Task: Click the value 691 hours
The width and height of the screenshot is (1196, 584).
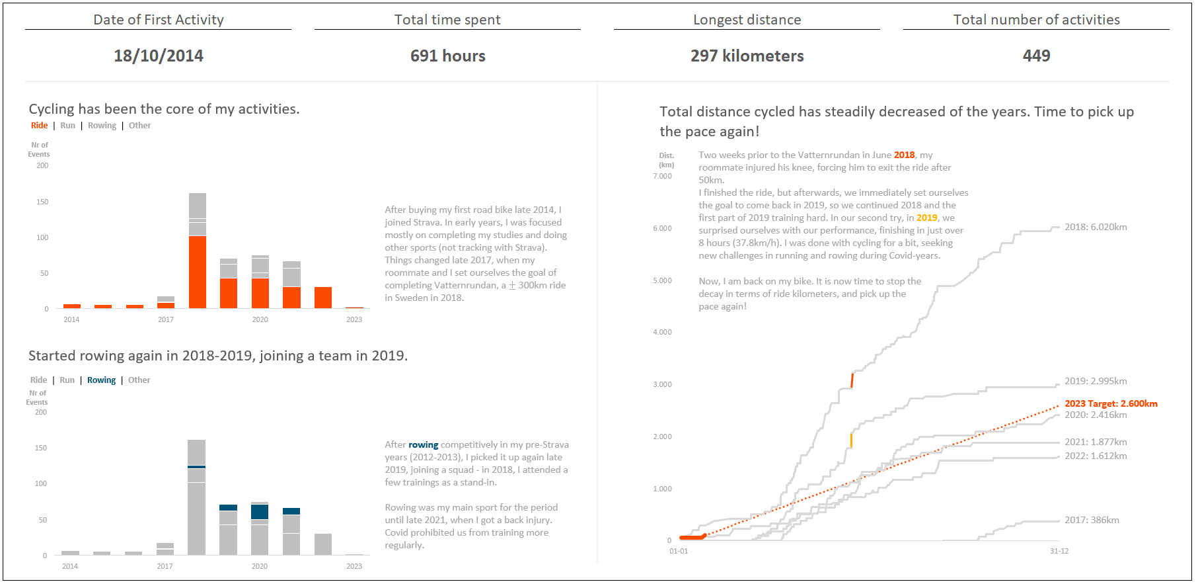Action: [447, 56]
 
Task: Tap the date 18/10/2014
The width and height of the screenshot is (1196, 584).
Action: [159, 56]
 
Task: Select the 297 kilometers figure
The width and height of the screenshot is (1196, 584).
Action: [747, 56]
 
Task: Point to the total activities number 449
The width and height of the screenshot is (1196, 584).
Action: [1036, 56]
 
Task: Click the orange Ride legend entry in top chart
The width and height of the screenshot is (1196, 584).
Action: [39, 126]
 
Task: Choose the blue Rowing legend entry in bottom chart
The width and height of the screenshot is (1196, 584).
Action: [101, 380]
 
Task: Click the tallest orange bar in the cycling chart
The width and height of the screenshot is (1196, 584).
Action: [198, 272]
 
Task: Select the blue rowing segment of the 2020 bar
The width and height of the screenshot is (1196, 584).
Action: [260, 512]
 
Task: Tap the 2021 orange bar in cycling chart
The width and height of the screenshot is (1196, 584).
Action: [291, 298]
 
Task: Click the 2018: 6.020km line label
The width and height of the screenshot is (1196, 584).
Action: [1096, 227]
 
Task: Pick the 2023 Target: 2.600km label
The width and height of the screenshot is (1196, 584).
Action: [1111, 403]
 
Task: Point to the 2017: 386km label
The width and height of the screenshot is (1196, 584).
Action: [1092, 520]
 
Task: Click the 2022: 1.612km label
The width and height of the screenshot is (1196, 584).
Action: [1096, 456]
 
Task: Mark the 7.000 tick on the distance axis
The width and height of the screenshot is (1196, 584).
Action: [662, 176]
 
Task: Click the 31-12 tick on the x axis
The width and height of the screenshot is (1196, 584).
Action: [1059, 551]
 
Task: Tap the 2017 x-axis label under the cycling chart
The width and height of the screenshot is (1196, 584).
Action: [166, 319]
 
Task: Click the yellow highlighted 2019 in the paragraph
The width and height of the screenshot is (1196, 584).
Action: [926, 218]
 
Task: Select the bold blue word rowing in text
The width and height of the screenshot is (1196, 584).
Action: [423, 445]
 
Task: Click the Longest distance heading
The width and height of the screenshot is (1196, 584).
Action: [747, 20]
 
